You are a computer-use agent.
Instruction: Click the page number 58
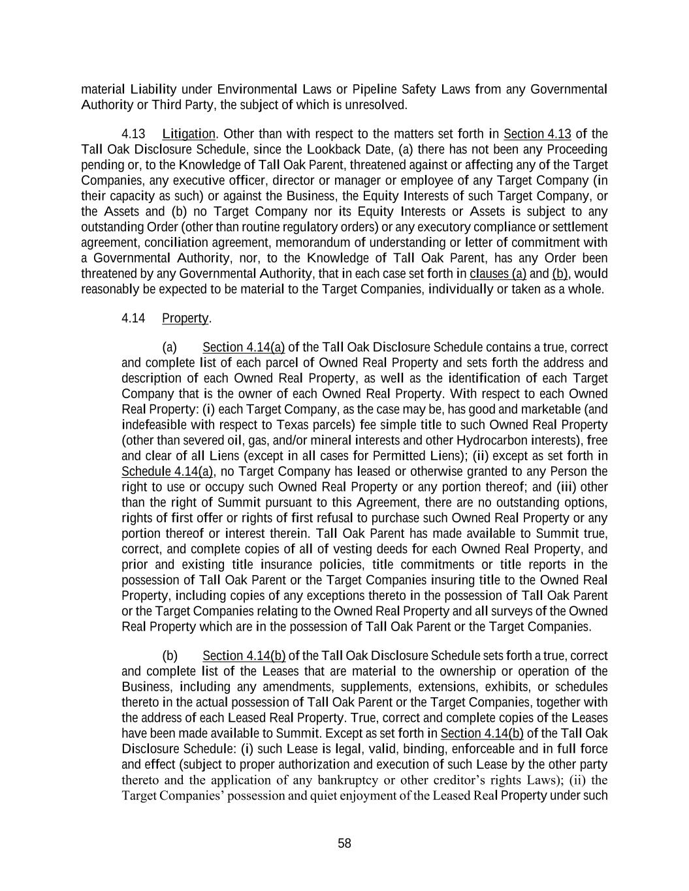pyautogui.click(x=344, y=843)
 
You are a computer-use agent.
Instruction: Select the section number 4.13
pyautogui.click(x=133, y=134)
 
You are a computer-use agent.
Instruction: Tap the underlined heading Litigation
pyautogui.click(x=188, y=134)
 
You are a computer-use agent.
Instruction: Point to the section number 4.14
pyautogui.click(x=133, y=318)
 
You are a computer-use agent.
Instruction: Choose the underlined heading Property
pyautogui.click(x=185, y=318)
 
